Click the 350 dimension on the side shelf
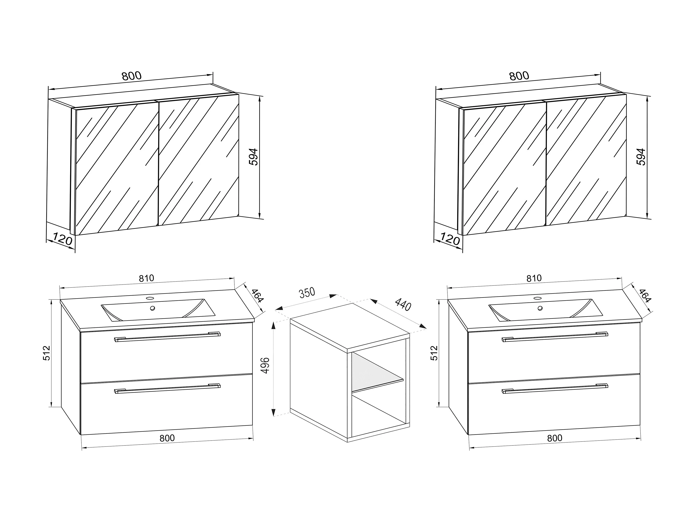307,293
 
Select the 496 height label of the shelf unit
266,365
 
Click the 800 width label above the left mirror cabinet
132,76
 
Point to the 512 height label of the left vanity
46,353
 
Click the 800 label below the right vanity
554,438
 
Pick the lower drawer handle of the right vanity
555,389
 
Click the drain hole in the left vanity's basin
153,308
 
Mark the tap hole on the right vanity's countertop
537,298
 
